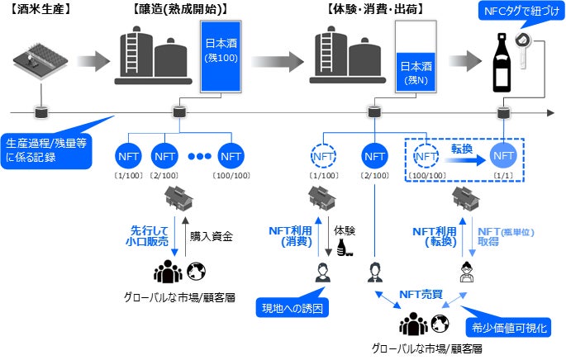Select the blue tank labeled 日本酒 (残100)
click(221, 56)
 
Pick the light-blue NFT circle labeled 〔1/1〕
click(504, 155)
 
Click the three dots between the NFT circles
click(201, 156)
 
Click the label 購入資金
click(212, 235)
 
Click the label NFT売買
click(422, 293)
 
